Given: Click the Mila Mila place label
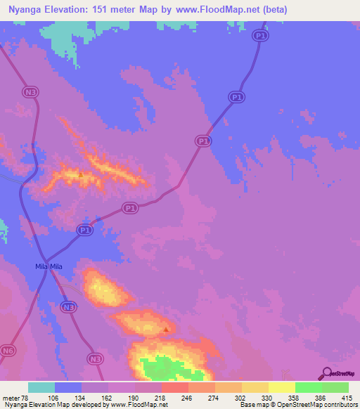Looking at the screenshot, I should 49,266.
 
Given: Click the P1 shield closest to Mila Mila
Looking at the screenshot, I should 84,230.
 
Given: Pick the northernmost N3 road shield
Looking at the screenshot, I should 29,91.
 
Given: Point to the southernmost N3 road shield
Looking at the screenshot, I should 95,359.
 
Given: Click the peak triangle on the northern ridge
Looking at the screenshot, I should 81,174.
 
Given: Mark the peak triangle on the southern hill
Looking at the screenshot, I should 166,328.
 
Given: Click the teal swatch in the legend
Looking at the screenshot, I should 41,387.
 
